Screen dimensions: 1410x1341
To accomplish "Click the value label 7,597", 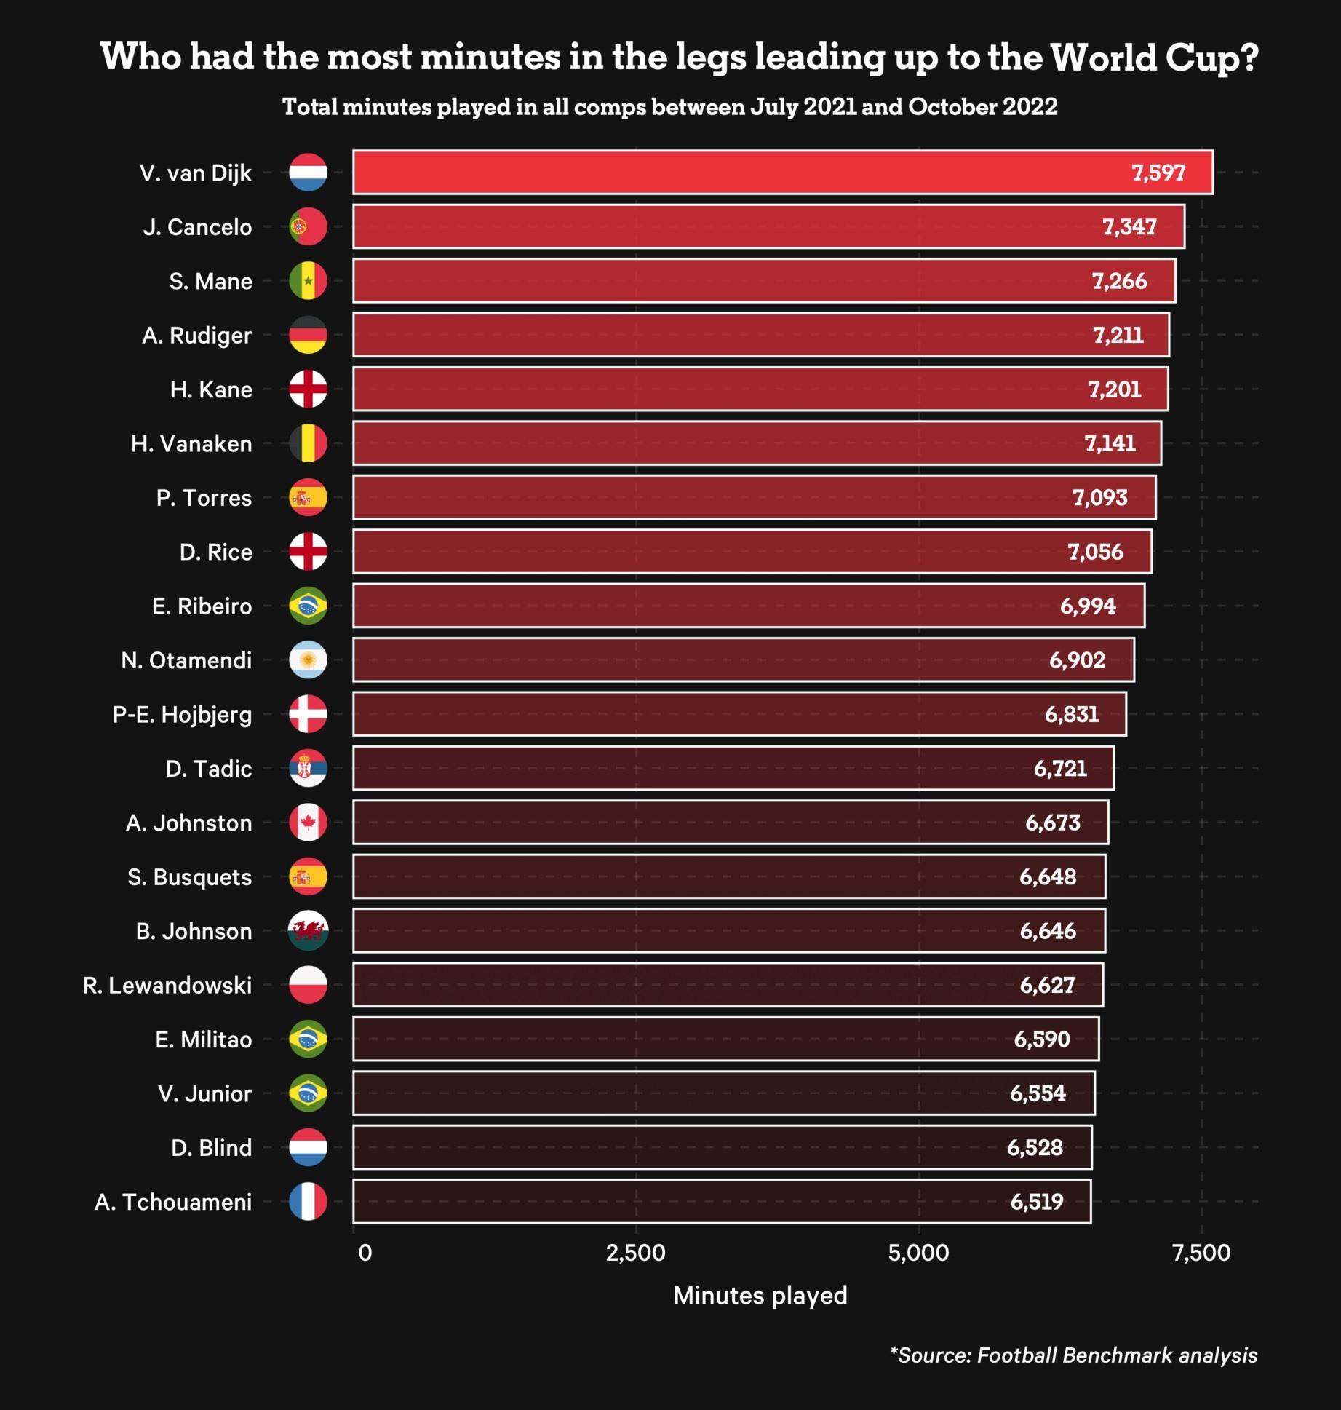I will (1158, 173).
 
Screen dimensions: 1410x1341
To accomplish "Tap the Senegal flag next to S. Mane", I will (308, 281).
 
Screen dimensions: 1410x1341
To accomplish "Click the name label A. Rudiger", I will (196, 336).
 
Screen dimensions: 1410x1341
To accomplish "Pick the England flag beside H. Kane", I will (308, 389).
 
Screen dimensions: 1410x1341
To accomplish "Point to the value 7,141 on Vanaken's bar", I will (1110, 443).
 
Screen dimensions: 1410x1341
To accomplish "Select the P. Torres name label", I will (204, 498).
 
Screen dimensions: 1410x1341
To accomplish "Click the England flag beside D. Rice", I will (308, 552).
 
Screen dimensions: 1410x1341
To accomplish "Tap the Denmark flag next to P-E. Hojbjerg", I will (308, 714).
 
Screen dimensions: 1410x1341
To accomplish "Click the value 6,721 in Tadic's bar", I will (1060, 769).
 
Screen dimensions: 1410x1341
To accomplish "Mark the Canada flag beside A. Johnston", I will (308, 823).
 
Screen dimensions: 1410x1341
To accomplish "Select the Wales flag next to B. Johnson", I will (308, 931).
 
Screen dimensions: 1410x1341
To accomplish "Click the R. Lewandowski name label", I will (167, 986).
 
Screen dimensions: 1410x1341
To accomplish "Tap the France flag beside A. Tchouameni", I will (308, 1202).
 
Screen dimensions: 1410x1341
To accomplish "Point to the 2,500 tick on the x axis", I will (635, 1253).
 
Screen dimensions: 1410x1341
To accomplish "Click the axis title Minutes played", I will (760, 1296).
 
